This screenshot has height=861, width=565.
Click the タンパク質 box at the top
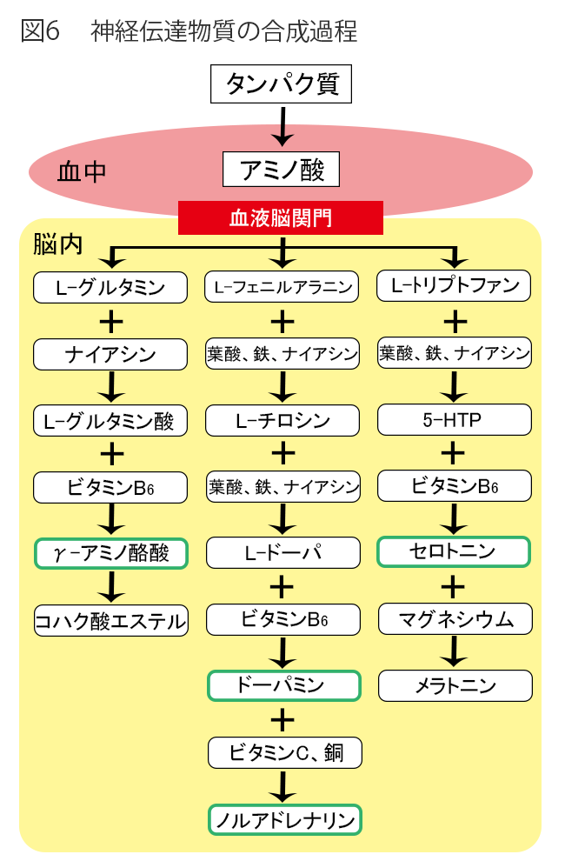click(281, 83)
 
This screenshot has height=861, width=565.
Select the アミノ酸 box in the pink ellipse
click(281, 170)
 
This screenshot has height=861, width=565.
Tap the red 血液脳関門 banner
click(281, 217)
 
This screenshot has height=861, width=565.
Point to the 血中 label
click(82, 171)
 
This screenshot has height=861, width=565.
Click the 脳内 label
click(58, 244)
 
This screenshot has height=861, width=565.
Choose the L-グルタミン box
click(110, 287)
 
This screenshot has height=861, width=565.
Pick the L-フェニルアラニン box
click(282, 287)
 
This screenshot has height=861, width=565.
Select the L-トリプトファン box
click(455, 285)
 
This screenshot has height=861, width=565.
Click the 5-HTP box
click(455, 420)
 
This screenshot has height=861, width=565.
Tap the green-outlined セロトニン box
click(455, 551)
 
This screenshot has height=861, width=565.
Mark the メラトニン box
click(455, 685)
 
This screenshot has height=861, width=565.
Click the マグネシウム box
click(455, 619)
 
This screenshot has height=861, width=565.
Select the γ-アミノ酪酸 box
click(110, 553)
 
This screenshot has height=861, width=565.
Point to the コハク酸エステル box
click(110, 620)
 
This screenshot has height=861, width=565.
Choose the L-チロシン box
click(282, 421)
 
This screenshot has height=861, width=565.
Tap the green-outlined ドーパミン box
click(282, 685)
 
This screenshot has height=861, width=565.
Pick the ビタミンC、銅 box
click(285, 752)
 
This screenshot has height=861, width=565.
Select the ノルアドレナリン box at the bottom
click(285, 819)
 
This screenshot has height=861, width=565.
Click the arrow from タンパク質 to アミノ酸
click(281, 125)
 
